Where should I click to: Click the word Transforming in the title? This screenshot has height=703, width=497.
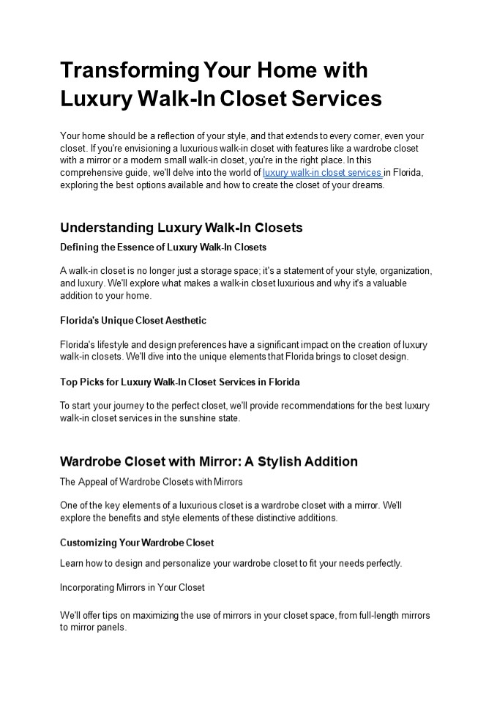coord(128,71)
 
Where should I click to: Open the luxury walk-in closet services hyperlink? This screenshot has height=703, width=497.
coord(322,173)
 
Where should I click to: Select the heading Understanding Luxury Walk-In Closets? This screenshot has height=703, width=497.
coord(181,227)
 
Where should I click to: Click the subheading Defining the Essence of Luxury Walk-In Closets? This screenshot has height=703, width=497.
coord(162,248)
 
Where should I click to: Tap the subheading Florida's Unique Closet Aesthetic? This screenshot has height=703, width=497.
coord(132,321)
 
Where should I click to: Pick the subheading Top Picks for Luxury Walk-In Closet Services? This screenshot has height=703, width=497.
coord(179,382)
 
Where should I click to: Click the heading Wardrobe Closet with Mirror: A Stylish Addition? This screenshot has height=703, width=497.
coord(209,461)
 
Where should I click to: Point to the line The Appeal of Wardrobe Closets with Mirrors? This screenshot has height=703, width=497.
coord(151,482)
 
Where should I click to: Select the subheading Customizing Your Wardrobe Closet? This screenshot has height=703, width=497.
coord(136,543)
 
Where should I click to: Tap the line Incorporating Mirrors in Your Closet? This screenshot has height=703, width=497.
coord(132,587)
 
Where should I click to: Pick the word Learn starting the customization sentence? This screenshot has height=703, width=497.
coord(71,563)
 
